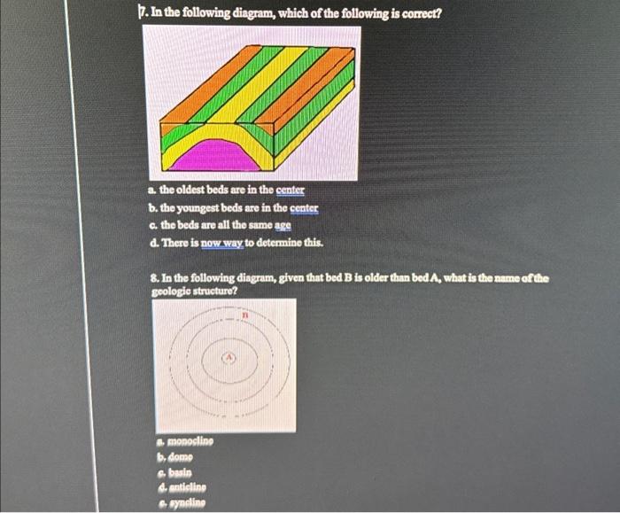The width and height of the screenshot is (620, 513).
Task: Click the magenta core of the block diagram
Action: (212, 156)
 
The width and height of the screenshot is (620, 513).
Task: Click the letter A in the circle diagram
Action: (229, 358)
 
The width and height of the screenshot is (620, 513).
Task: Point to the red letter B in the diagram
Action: (249, 315)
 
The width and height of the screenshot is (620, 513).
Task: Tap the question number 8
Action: (154, 278)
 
